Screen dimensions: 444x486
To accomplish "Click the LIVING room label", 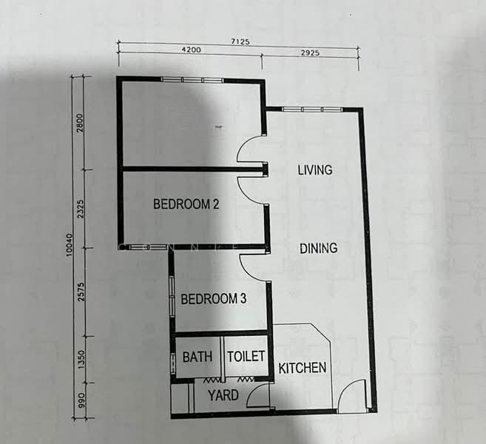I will coord(314,170).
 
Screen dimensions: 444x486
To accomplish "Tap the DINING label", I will coord(318,249).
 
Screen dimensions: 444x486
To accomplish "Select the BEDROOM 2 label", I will coord(186,204).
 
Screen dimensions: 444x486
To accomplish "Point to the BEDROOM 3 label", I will coord(213,300).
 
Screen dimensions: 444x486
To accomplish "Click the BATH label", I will coord(198,357).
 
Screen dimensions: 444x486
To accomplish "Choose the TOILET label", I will coord(246,357).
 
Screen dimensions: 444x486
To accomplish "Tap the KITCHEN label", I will coord(302,368).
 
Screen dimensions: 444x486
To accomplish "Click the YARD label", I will coord(223,395).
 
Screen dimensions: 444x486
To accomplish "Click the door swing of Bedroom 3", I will coord(253,267).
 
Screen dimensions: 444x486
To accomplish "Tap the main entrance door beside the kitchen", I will coord(352,396).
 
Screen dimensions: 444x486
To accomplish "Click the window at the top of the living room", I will coord(311,110).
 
